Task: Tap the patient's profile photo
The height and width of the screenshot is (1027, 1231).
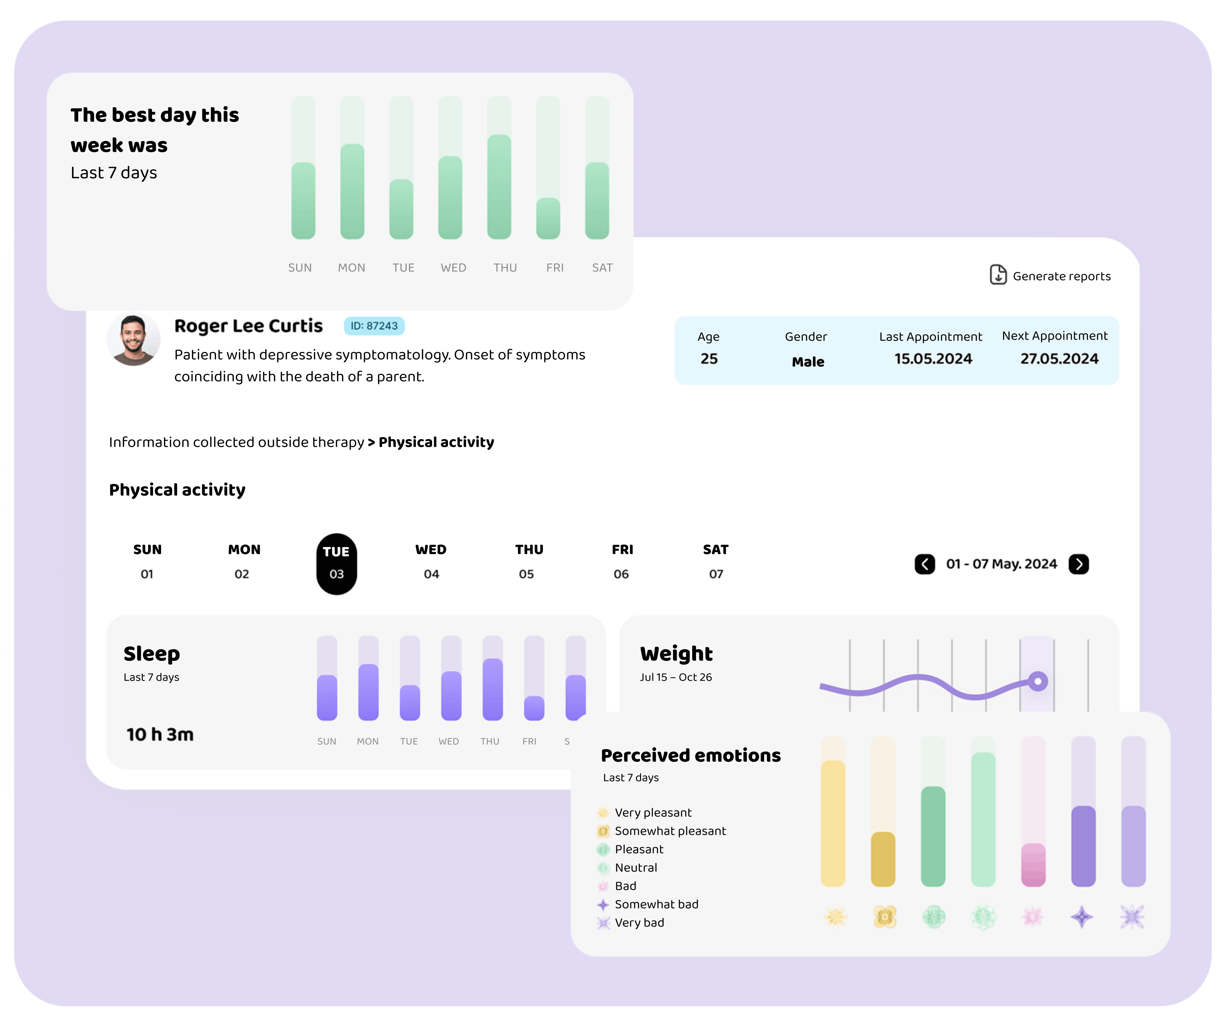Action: [x=134, y=339]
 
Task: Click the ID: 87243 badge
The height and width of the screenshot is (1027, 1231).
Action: [x=374, y=326]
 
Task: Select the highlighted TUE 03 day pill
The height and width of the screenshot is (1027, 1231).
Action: [x=337, y=564]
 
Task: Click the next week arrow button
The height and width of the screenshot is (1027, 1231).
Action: [x=1079, y=564]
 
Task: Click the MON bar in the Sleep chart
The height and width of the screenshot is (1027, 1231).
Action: [x=368, y=692]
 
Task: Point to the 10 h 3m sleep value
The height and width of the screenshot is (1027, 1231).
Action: [x=160, y=734]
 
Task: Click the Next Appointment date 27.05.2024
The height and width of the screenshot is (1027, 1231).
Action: [x=1059, y=359]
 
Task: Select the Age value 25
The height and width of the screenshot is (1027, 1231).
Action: [x=709, y=359]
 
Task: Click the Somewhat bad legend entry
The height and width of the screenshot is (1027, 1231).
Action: [x=656, y=904]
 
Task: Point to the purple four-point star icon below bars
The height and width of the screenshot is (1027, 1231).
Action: [x=1082, y=917]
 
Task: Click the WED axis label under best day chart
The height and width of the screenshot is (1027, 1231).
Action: [x=453, y=268]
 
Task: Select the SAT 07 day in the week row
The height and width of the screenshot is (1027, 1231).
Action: [x=716, y=562]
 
